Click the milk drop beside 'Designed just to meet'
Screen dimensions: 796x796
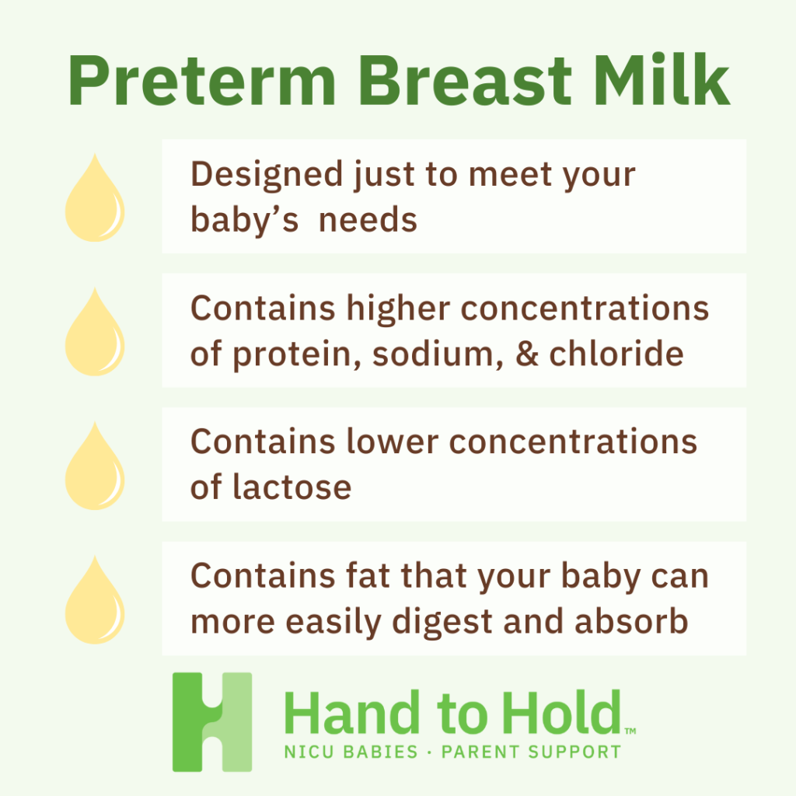coord(94,198)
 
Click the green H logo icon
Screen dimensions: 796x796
coord(212,722)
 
